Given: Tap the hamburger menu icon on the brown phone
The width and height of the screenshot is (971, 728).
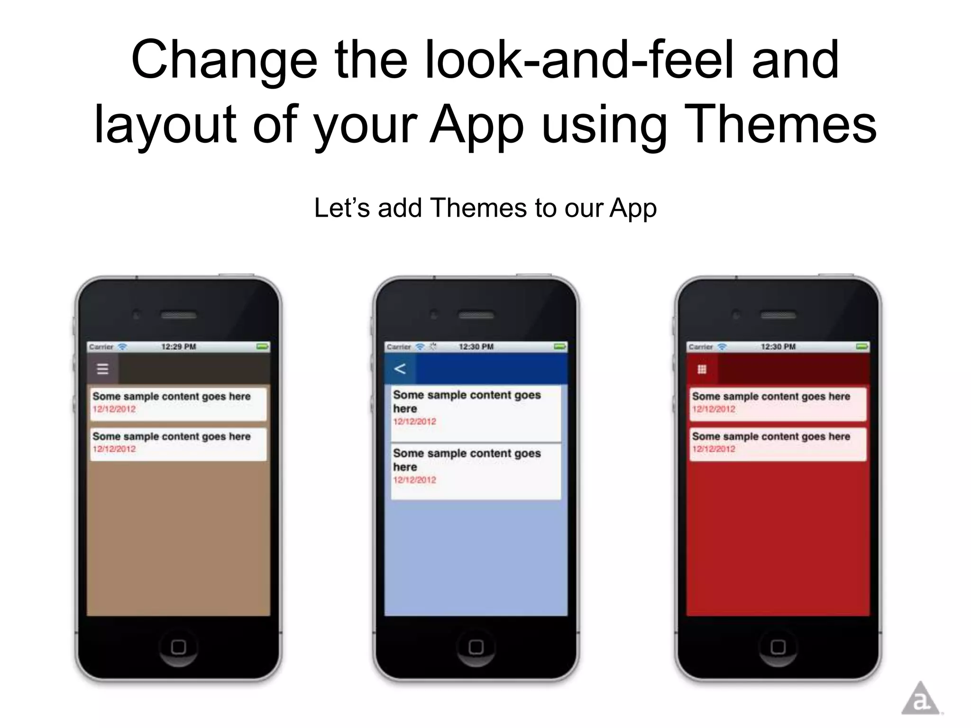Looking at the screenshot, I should (102, 369).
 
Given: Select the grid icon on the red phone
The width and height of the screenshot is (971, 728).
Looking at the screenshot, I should (702, 369).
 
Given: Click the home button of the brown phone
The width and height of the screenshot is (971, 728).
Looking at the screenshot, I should (178, 646).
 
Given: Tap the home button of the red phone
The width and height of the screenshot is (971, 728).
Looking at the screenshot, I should (778, 646).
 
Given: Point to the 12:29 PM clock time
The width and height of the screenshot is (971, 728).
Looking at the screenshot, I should (178, 347).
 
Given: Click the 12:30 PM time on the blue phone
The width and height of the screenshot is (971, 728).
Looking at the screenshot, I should (476, 347).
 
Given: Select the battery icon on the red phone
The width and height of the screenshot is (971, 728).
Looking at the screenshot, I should (861, 347).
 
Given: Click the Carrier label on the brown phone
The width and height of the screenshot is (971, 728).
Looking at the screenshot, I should (101, 347).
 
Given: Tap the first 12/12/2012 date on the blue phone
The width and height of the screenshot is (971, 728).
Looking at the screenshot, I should (414, 421).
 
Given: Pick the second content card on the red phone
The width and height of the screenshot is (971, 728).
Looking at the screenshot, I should (778, 444).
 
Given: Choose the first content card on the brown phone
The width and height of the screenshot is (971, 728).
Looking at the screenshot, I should (178, 403).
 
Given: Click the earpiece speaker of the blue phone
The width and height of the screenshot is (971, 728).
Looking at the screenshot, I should (476, 315).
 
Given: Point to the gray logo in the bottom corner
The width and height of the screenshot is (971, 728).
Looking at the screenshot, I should (920, 699).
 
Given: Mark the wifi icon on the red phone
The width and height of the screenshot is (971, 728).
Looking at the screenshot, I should (722, 347).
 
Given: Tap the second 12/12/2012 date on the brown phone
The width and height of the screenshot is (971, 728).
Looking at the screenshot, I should (114, 449).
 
